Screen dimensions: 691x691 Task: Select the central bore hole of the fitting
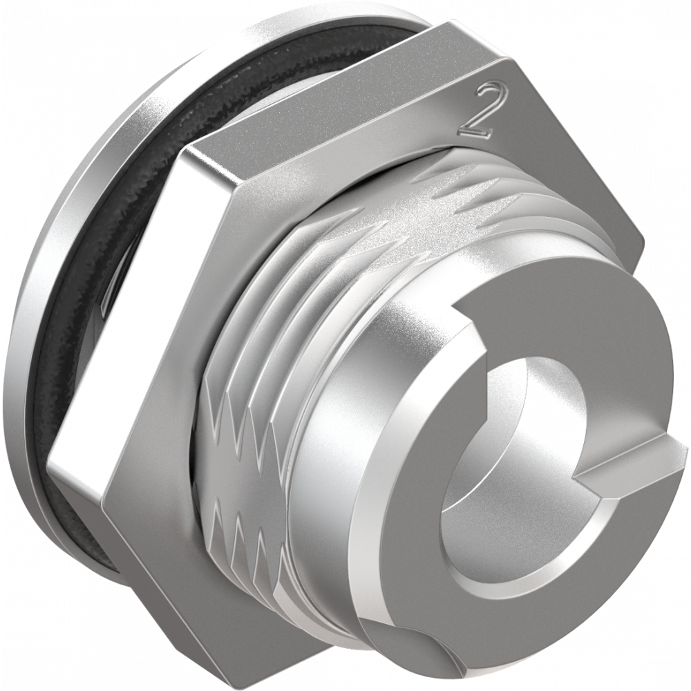pos(515,441)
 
